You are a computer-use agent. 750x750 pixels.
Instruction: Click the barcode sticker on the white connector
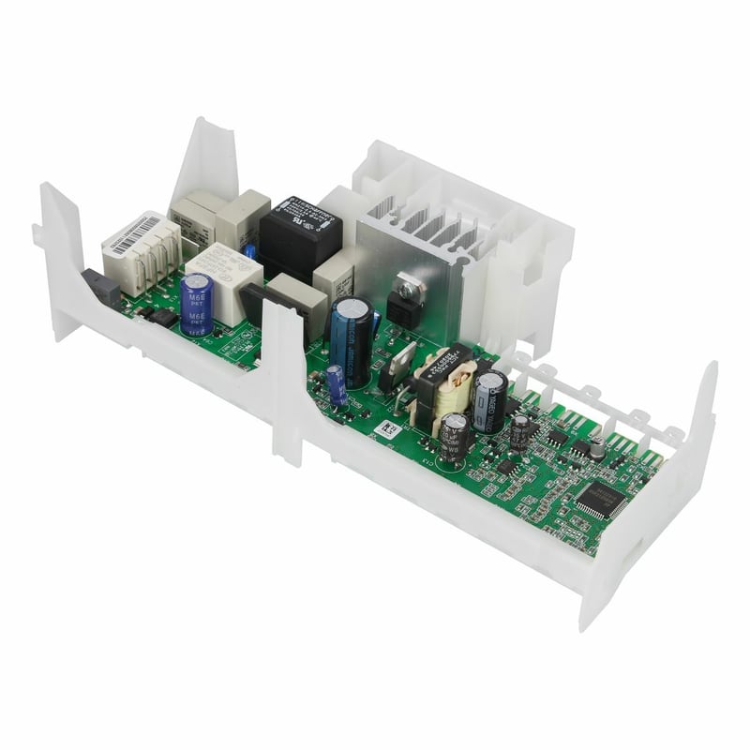[135, 234]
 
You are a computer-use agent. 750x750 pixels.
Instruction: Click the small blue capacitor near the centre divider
[337, 383]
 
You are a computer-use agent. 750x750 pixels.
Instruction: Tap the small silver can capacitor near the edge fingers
[596, 449]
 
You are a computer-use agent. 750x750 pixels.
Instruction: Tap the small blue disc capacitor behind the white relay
[250, 250]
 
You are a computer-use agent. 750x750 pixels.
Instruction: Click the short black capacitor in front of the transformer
[455, 435]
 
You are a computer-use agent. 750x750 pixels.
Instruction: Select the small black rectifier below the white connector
[165, 318]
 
